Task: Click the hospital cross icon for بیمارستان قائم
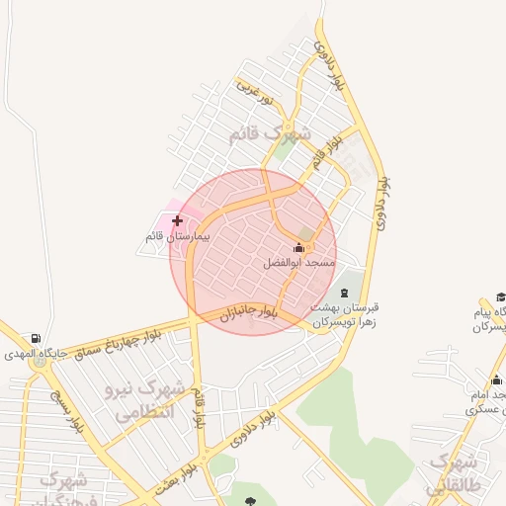pyautogui.click(x=177, y=220)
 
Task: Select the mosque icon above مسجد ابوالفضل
pyautogui.click(x=299, y=247)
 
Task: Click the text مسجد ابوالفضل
pyautogui.click(x=299, y=264)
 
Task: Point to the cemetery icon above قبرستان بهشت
pyautogui.click(x=345, y=293)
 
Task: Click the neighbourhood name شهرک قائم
pyautogui.click(x=270, y=135)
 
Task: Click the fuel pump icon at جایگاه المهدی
pyautogui.click(x=37, y=338)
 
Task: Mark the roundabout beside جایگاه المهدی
pyautogui.click(x=40, y=362)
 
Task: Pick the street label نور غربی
pyautogui.click(x=253, y=90)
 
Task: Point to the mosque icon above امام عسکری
pyautogui.click(x=496, y=380)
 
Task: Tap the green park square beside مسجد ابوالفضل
pyautogui.click(x=306, y=233)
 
